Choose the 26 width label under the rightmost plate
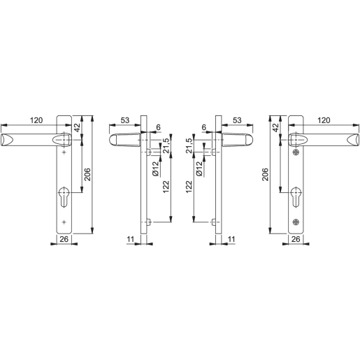(x=295, y=239)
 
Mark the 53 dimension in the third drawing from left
(x=238, y=120)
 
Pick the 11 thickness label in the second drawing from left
(x=131, y=239)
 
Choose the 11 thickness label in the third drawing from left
(x=231, y=239)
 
